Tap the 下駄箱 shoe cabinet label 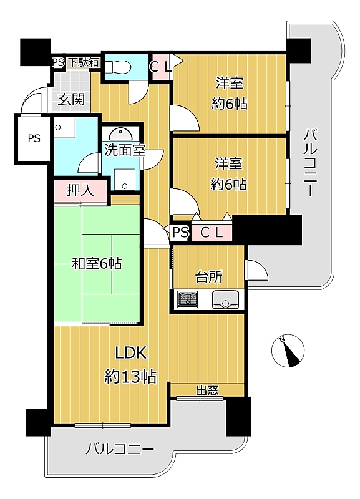[x=84, y=62]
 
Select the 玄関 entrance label [x=71, y=100]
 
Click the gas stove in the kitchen [x=187, y=299]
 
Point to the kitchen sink [x=225, y=299]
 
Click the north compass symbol [x=288, y=351]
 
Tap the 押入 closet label [x=80, y=191]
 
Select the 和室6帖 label [x=97, y=264]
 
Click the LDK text [x=131, y=353]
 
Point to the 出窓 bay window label [x=207, y=390]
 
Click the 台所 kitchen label [x=209, y=277]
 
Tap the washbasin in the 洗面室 [x=120, y=135]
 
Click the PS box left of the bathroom [x=33, y=138]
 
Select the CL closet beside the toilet [x=161, y=67]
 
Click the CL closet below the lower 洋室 [x=211, y=233]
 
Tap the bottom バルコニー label [x=120, y=450]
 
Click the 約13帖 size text [x=130, y=377]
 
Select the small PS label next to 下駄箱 [x=59, y=62]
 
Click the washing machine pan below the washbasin [x=125, y=180]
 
